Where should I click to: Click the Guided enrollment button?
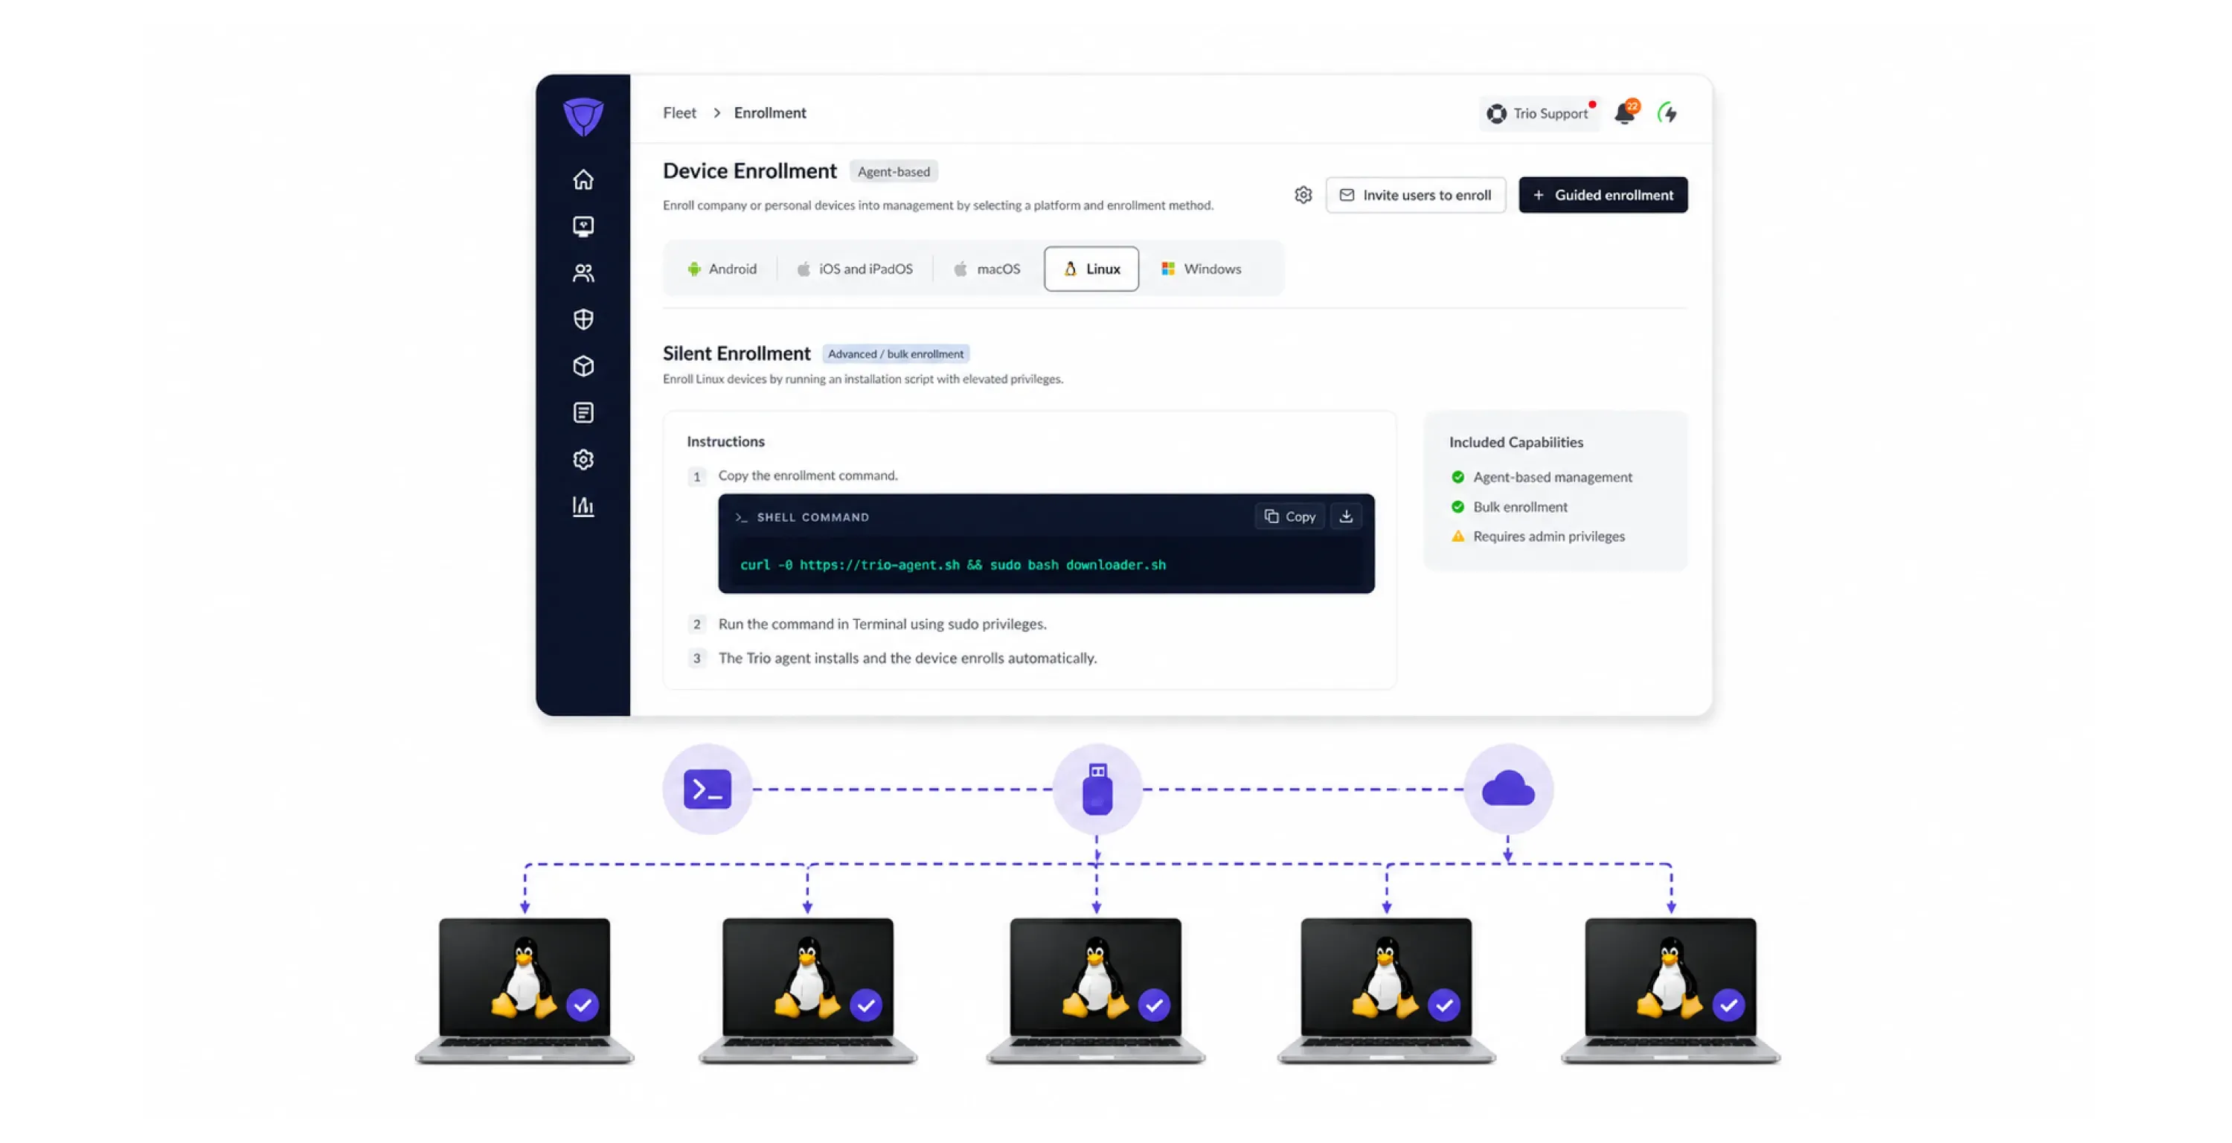(1603, 195)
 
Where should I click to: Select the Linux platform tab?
(1091, 269)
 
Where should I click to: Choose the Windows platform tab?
(1201, 269)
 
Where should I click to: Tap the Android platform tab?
(722, 269)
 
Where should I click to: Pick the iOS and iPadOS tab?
(854, 269)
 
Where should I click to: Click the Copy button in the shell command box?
(1289, 516)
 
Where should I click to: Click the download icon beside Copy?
(1346, 516)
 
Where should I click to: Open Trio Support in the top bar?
(1538, 114)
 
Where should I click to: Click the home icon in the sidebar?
(583, 179)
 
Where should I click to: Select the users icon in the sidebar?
(583, 273)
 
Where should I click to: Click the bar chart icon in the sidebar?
(583, 506)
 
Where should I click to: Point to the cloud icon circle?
(1507, 789)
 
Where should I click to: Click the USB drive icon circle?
(1097, 789)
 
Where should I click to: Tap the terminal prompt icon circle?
(707, 789)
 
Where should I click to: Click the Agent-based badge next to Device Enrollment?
(894, 172)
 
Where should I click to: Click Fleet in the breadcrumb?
(679, 112)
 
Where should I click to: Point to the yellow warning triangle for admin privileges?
(1457, 537)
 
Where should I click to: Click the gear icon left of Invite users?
(1303, 195)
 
